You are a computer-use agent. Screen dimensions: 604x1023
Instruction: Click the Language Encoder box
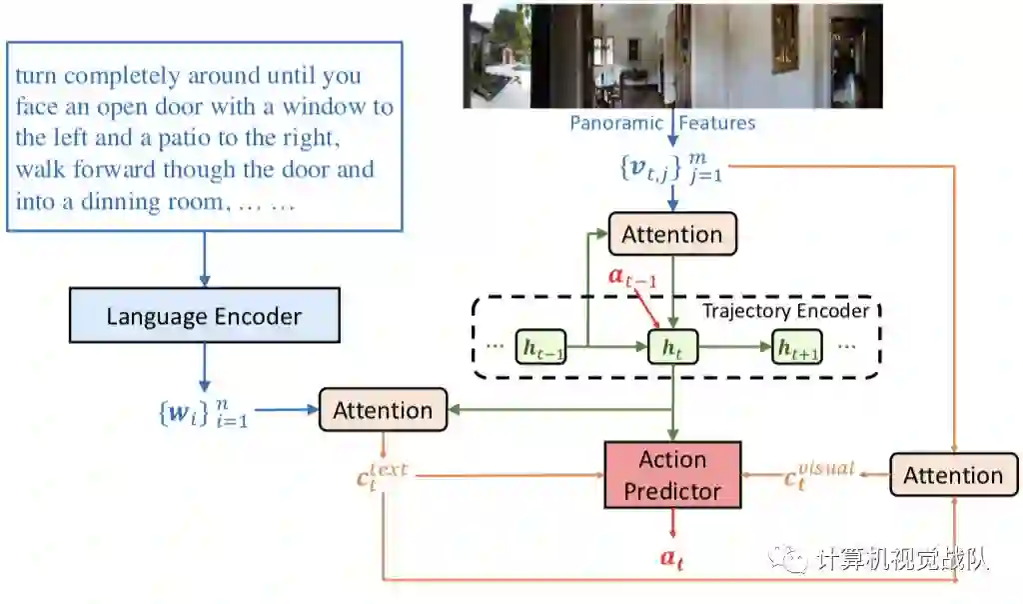(204, 316)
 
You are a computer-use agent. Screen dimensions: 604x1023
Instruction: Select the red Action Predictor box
(672, 475)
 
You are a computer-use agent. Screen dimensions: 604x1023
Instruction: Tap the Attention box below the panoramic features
(671, 234)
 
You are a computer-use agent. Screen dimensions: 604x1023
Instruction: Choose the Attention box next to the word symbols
(383, 410)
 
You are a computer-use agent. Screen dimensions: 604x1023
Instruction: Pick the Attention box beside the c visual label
(952, 475)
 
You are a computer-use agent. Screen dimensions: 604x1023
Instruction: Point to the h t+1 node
(796, 347)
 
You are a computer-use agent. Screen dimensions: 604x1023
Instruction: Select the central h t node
(671, 347)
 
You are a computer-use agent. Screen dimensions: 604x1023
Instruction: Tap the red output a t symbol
(672, 558)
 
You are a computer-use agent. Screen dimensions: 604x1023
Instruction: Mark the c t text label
(382, 475)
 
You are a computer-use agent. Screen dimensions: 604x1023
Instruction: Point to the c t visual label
(819, 474)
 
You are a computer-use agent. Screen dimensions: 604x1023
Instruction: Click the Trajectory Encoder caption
(785, 310)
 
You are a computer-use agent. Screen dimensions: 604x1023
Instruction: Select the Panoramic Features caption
(662, 123)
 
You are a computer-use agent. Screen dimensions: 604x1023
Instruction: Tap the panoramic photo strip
(672, 55)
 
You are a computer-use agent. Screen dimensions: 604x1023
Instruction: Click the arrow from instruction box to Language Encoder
(204, 260)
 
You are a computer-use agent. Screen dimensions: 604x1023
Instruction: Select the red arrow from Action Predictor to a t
(672, 524)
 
